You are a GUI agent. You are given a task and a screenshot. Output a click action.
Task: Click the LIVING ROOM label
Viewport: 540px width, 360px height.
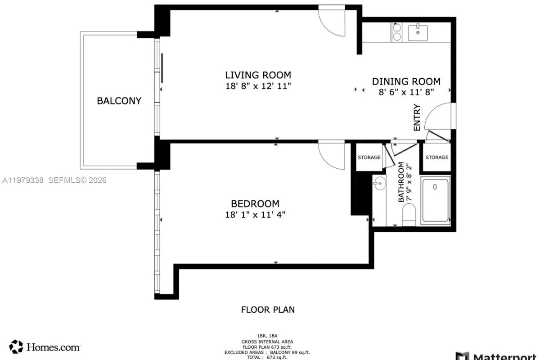(258, 75)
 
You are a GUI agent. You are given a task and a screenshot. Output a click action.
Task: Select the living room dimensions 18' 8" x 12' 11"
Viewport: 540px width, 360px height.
(258, 86)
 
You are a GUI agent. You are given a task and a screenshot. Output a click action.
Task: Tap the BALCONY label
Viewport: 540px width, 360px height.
(119, 101)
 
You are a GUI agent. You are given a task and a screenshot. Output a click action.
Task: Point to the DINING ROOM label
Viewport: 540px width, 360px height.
(406, 81)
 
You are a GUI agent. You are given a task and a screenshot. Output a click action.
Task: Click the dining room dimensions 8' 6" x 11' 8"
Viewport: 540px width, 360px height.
(406, 92)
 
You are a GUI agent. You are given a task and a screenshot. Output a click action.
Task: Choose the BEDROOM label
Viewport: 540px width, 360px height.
(255, 204)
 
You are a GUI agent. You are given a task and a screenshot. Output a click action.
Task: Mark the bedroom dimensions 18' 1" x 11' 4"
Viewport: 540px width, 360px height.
(255, 215)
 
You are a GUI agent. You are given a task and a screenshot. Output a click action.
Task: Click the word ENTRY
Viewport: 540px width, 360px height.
(417, 117)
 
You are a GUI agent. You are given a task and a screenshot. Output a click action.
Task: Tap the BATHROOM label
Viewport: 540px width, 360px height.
(401, 182)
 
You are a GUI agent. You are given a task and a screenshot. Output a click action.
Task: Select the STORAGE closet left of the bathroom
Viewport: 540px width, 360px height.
(369, 157)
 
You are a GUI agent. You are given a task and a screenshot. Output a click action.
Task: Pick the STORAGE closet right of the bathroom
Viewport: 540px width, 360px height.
(436, 157)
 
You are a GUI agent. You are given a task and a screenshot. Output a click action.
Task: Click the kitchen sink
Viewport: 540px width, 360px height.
(418, 32)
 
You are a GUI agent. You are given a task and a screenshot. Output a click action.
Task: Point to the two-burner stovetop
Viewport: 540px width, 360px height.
(397, 32)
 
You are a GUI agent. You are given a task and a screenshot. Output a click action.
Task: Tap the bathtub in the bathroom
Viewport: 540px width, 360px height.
(435, 201)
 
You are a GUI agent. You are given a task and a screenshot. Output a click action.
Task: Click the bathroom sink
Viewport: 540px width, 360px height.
(379, 183)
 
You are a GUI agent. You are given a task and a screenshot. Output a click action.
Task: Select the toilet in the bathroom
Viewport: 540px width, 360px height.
(409, 215)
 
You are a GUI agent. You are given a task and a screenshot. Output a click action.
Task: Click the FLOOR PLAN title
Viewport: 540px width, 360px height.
(268, 310)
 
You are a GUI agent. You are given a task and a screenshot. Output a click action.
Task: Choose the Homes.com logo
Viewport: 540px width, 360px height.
(45, 347)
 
